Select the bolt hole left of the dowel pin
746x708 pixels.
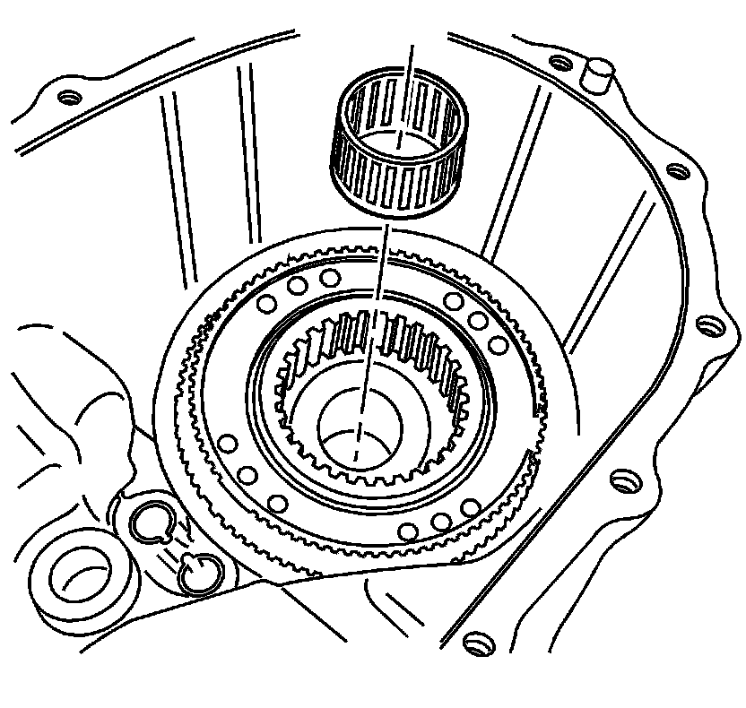coord(559,64)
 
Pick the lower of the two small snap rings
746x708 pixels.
coord(197,572)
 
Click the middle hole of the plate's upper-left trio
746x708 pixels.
coord(295,286)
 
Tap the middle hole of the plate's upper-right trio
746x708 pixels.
coord(478,322)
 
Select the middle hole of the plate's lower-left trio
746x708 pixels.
coord(248,476)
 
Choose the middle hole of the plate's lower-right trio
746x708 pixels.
coord(438,522)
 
